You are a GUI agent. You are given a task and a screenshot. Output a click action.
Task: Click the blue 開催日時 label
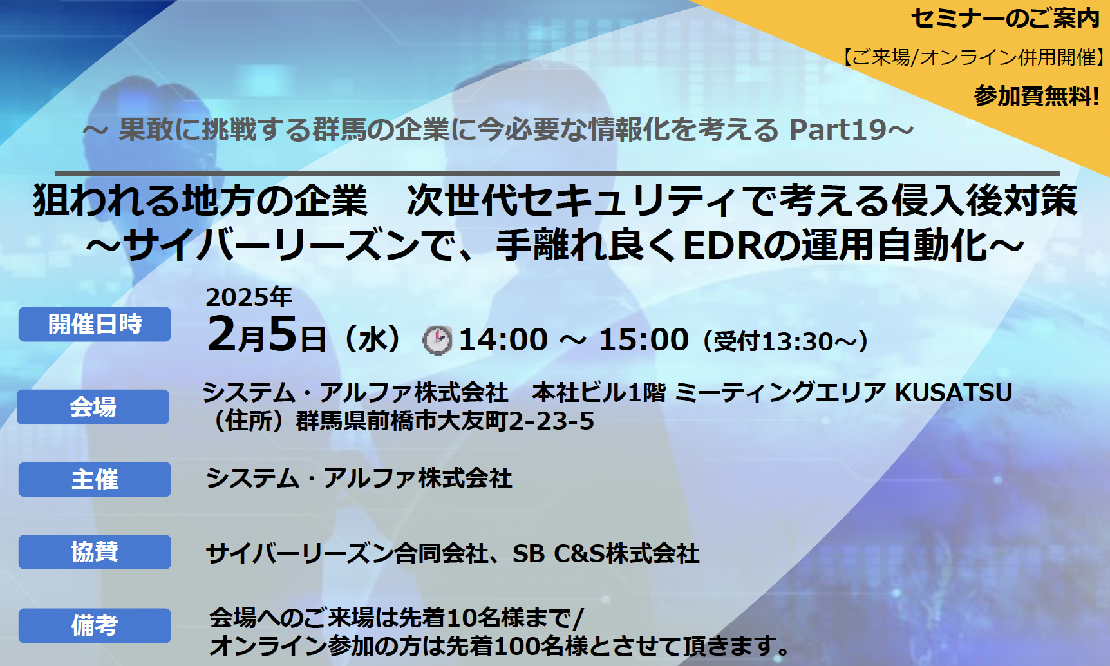click(x=95, y=324)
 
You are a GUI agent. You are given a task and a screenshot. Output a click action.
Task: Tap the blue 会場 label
click(x=93, y=406)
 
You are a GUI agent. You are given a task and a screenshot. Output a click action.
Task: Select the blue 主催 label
click(x=95, y=479)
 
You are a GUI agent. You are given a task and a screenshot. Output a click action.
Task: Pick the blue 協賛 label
click(x=95, y=552)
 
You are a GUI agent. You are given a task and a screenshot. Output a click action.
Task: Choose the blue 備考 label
click(x=95, y=625)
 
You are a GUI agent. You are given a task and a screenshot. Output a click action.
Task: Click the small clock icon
click(x=437, y=340)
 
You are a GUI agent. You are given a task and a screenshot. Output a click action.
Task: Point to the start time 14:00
click(x=503, y=339)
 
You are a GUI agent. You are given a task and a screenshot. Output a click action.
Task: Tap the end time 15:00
click(x=644, y=339)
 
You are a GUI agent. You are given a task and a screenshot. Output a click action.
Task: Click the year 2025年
click(x=249, y=297)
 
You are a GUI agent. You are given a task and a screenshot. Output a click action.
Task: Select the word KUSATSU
click(x=954, y=392)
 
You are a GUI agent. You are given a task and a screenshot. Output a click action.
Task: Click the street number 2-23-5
click(x=551, y=421)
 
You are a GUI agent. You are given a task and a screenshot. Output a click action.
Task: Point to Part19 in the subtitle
click(x=838, y=129)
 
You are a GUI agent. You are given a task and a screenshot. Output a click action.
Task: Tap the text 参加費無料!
click(x=1037, y=96)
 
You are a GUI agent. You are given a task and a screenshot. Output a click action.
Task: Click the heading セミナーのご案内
click(x=1005, y=19)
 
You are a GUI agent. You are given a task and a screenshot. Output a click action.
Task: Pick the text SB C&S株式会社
click(x=606, y=553)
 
